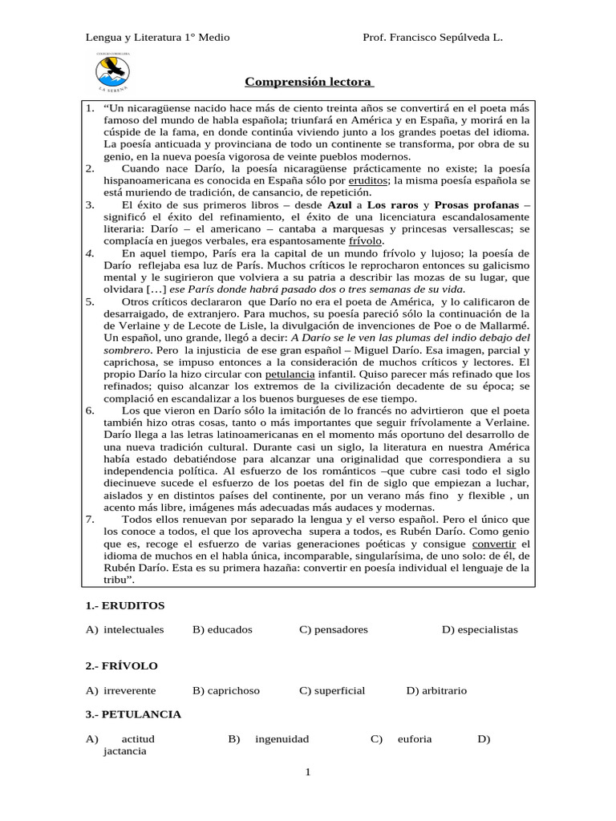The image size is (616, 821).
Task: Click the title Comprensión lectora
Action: [x=307, y=83]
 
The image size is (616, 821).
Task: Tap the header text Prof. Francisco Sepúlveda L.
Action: [x=433, y=38]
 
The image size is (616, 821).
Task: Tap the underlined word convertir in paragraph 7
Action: [x=509, y=544]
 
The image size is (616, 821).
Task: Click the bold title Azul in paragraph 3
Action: [x=340, y=205]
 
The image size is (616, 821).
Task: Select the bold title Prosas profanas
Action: [x=476, y=205]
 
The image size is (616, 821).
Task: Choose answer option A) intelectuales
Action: [x=125, y=629]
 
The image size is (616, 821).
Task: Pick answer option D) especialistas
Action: [x=480, y=629]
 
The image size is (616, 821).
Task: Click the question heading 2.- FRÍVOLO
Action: [x=122, y=666]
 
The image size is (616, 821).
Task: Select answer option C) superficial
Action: [x=332, y=690]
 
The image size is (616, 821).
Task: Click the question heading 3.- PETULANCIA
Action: [x=133, y=714]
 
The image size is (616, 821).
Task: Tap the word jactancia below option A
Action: [x=125, y=752]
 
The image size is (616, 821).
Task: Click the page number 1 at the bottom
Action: [x=307, y=772]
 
